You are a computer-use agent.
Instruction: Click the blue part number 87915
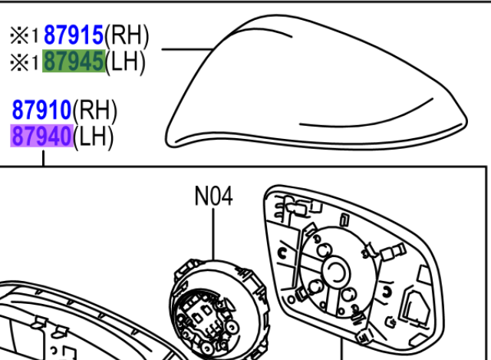74,35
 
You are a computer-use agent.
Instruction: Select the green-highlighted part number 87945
74,61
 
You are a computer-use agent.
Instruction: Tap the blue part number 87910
41,110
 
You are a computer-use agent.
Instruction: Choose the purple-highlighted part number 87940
41,136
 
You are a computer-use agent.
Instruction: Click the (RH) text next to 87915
127,35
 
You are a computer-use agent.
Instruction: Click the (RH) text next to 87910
95,111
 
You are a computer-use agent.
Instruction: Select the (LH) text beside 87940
94,137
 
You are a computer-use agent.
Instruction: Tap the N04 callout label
213,197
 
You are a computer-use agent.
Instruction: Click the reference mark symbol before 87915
19,35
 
